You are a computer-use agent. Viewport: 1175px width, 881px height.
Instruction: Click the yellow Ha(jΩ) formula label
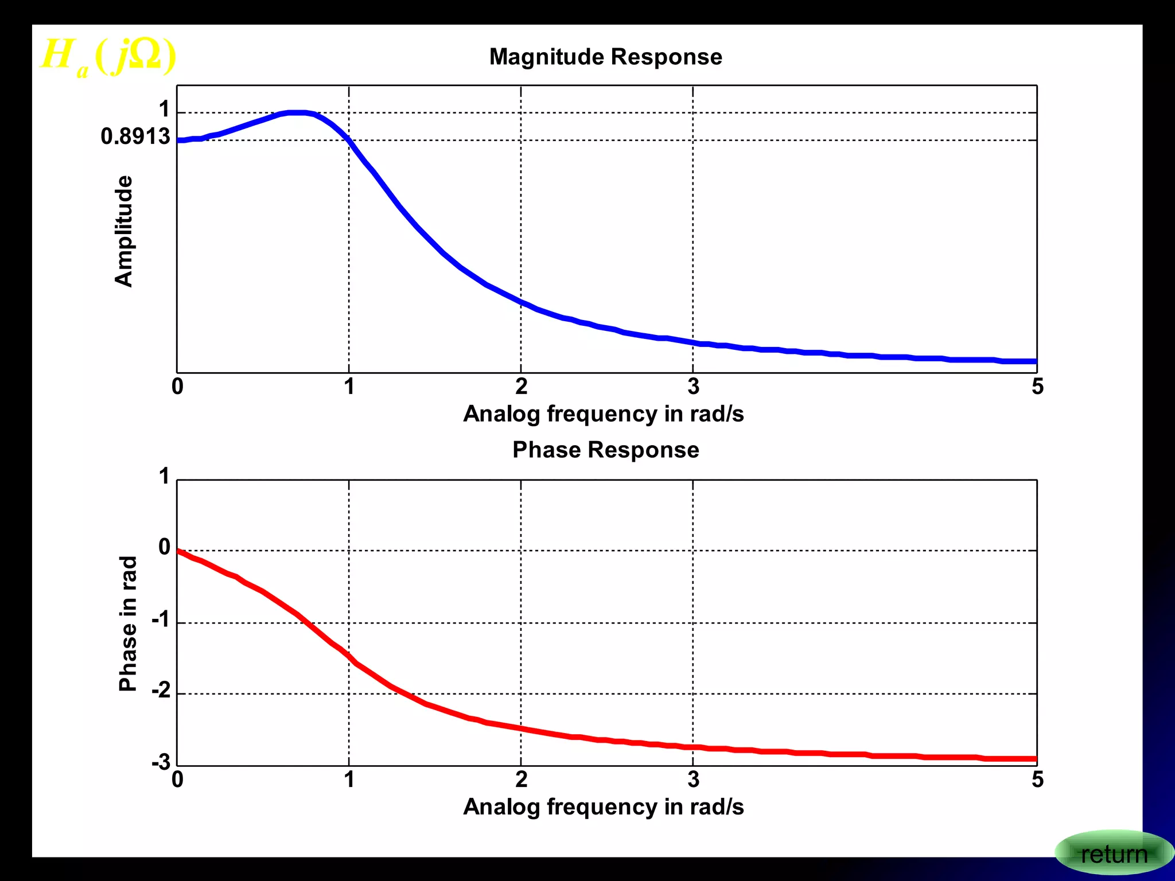(x=108, y=56)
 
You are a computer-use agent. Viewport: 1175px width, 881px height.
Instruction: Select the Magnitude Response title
(x=605, y=57)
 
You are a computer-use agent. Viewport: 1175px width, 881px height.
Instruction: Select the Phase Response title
(x=605, y=450)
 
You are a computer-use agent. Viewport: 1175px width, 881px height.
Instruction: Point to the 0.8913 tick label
(x=135, y=137)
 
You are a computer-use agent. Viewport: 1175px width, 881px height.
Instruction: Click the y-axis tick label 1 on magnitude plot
(x=164, y=109)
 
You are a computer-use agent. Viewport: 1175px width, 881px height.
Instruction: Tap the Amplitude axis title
(x=124, y=231)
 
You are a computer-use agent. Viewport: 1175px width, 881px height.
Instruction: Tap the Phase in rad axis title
(x=127, y=623)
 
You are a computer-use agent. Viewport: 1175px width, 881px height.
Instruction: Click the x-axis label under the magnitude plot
(x=603, y=414)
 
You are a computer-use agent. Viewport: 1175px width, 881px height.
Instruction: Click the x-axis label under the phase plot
(x=603, y=806)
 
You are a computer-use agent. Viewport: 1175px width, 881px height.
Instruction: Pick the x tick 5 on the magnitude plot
(x=1037, y=387)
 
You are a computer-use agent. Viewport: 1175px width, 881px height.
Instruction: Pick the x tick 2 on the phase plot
(x=521, y=779)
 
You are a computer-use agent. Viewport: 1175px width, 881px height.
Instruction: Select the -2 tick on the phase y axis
(x=161, y=690)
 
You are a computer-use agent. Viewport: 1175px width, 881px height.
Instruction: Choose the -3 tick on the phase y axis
(x=161, y=762)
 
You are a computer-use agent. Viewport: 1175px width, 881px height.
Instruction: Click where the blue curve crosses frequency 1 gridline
(x=349, y=140)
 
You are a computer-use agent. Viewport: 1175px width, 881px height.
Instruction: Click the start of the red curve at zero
(x=178, y=551)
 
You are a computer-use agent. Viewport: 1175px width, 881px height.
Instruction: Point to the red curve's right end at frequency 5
(x=1035, y=759)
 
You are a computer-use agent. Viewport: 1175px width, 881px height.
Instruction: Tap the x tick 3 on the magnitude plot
(x=693, y=387)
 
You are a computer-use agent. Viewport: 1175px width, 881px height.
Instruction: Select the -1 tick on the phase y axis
(x=161, y=619)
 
